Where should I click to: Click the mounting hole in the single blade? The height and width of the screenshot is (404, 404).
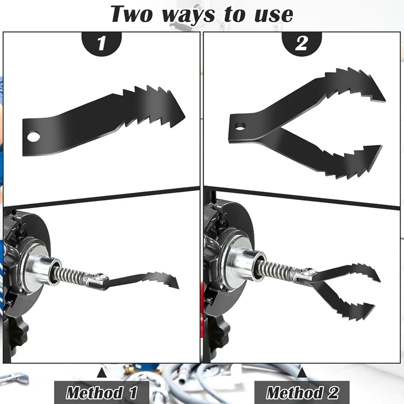34,136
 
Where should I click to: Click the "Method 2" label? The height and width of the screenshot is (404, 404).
301,392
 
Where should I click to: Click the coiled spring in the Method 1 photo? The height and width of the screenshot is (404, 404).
73,275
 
